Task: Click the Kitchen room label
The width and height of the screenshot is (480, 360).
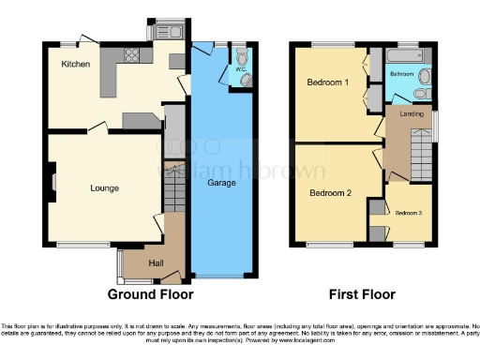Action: pos(76,65)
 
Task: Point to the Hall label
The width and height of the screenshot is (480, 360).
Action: pos(157,263)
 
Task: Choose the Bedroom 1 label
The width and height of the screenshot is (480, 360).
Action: pos(328,82)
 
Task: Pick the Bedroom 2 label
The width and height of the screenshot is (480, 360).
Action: pos(329,193)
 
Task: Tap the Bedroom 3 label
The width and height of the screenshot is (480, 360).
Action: pos(408,214)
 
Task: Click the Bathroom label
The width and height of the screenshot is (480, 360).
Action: pos(403,73)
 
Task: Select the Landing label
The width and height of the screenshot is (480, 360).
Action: pos(412,116)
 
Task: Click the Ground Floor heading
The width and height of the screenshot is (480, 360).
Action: pos(150,293)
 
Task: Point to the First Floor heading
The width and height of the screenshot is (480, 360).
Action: pos(362,293)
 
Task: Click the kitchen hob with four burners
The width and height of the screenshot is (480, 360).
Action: pos(176,62)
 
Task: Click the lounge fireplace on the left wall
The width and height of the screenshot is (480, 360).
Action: pos(52,184)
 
